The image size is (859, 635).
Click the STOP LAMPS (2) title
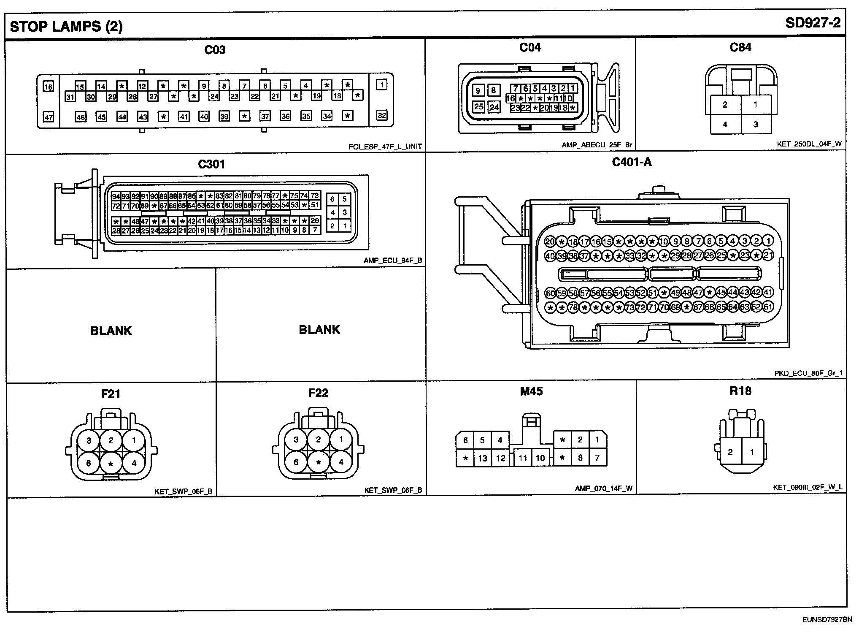[x=66, y=27]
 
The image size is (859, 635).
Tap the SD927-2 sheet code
[x=813, y=23]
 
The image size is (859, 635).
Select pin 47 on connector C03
[x=49, y=117]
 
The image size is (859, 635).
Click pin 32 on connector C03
[x=381, y=115]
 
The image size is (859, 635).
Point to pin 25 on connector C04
[x=478, y=106]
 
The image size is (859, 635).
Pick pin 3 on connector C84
[x=756, y=124]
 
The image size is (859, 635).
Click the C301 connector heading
[x=211, y=164]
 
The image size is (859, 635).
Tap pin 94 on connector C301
[x=116, y=196]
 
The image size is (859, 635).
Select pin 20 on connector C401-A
[x=550, y=242]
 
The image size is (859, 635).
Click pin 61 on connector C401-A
[x=768, y=307]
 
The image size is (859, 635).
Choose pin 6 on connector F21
[x=89, y=463]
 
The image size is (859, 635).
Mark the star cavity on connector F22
[x=319, y=463]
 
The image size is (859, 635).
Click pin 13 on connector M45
[x=483, y=458]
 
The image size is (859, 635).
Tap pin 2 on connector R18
[x=730, y=452]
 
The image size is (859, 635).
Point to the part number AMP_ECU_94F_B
[x=392, y=261]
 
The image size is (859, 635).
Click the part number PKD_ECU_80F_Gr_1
[x=808, y=373]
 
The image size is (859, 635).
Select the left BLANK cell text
[x=111, y=330]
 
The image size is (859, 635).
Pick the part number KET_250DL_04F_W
[x=809, y=144]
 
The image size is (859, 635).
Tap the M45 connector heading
[x=531, y=391]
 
